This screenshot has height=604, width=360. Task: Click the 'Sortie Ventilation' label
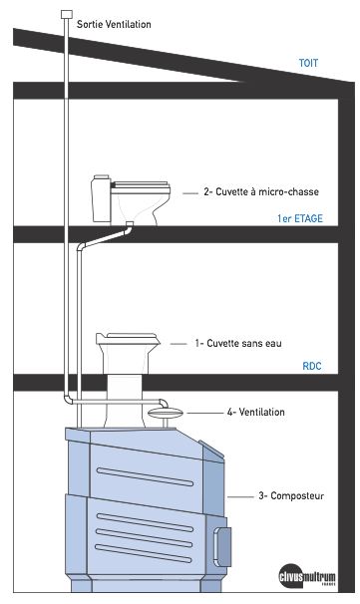114,24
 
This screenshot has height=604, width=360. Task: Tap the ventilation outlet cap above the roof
67,14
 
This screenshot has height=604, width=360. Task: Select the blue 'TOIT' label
308,63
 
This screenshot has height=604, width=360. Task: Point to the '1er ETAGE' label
300,218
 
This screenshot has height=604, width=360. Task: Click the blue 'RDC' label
312,366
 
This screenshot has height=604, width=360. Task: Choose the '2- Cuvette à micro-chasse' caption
261,191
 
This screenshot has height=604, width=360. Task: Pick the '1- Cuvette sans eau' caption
238,343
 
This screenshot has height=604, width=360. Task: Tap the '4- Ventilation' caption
256,412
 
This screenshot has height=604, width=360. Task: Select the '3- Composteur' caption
291,495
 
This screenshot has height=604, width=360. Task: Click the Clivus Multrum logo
307,576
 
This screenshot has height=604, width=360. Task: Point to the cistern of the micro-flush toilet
102,198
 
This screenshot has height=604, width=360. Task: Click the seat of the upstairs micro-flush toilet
141,186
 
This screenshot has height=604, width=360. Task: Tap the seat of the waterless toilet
129,339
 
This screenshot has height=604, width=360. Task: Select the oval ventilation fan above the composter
165,414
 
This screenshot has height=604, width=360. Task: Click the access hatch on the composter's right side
222,547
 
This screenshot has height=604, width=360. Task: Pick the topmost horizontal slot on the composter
145,476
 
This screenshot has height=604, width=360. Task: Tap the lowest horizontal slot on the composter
144,553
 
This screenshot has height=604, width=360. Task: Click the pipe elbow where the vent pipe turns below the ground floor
68,399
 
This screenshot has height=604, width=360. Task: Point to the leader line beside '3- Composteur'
240,497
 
